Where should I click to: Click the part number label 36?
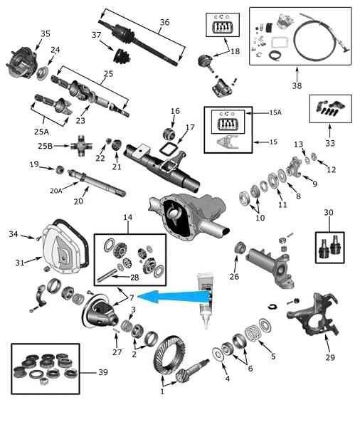coord(165,22)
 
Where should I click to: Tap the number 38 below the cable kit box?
coord(297,85)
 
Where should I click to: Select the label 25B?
coord(46,146)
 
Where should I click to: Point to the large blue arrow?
coord(174,296)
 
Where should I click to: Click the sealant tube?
coord(206,300)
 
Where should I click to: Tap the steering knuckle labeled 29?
coord(313,314)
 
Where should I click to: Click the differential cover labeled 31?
coord(62,253)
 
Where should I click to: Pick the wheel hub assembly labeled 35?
coord(22,63)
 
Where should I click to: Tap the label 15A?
coord(275,112)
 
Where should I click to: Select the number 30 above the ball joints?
coord(329,212)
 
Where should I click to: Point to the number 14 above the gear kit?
coord(128,217)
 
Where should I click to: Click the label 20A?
coord(56,191)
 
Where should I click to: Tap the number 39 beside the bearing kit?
coord(103,372)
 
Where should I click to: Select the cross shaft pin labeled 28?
coord(107,275)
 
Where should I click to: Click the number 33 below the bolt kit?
coord(330,143)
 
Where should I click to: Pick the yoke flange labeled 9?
coord(295,166)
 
